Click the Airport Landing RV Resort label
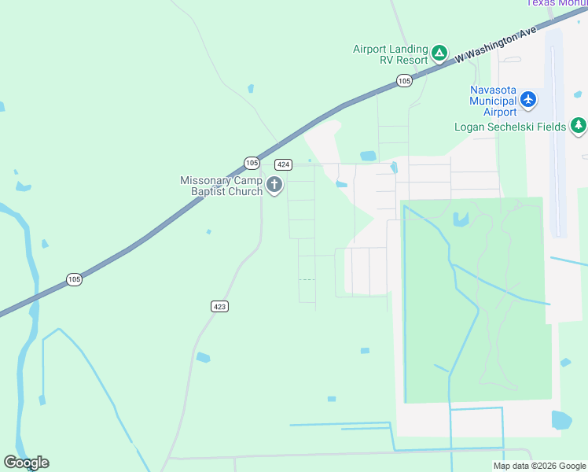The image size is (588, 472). pyautogui.click(x=390, y=54)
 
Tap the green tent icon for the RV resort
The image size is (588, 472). pyautogui.click(x=439, y=53)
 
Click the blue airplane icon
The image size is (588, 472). pyautogui.click(x=528, y=99)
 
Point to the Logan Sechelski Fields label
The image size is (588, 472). pyautogui.click(x=510, y=126)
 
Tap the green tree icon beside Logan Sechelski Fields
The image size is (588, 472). pyautogui.click(x=579, y=125)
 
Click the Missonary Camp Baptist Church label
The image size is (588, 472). pyautogui.click(x=222, y=186)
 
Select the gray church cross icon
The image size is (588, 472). pyautogui.click(x=274, y=186)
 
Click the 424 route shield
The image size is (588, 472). pyautogui.click(x=283, y=164)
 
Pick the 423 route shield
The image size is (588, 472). pyautogui.click(x=219, y=306)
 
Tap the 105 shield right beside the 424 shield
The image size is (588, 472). pyautogui.click(x=252, y=163)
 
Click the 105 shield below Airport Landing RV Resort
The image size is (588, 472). pyautogui.click(x=404, y=80)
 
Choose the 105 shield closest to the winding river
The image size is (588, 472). pyautogui.click(x=74, y=279)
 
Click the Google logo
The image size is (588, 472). pyautogui.click(x=26, y=463)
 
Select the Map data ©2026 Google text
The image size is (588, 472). pyautogui.click(x=539, y=466)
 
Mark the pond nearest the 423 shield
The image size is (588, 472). pyautogui.click(x=203, y=357)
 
